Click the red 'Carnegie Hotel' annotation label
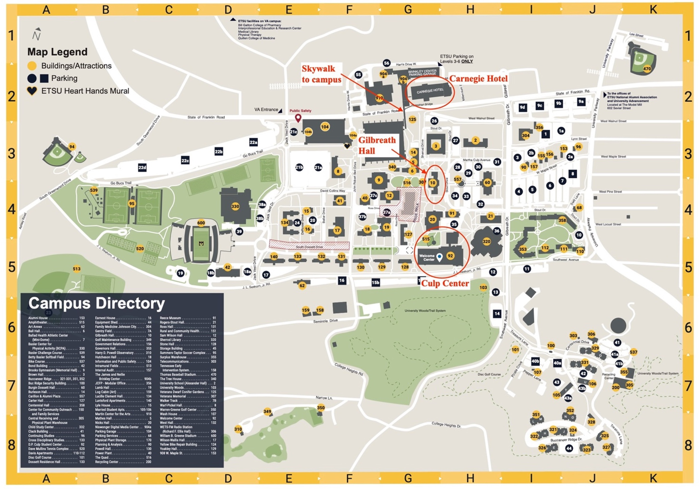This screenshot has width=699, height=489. click(478, 79)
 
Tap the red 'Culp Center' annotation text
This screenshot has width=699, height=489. click(445, 283)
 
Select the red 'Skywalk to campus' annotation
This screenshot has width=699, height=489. click(321, 74)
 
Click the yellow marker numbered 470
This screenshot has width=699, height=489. click(647, 69)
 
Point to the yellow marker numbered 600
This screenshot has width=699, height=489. click(201, 223)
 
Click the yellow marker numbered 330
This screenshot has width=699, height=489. click(235, 206)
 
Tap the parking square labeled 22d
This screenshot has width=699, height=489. click(142, 167)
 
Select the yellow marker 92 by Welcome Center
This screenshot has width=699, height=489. click(450, 256)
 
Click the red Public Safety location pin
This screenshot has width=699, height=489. click(298, 118)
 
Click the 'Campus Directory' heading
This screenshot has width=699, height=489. click(96, 303)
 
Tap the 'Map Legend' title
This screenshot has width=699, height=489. click(57, 52)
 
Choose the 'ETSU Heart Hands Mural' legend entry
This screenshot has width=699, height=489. click(85, 91)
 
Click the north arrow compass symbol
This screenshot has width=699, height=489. click(37, 34)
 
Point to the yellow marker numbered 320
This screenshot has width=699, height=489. click(486, 242)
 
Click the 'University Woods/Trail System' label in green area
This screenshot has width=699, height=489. click(425, 311)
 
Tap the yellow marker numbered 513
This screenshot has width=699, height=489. click(77, 269)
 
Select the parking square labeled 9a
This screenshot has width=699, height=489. click(581, 101)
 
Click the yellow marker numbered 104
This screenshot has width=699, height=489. click(325, 127)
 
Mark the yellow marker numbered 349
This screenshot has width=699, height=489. click(267, 412)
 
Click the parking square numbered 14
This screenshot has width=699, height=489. click(497, 314)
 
